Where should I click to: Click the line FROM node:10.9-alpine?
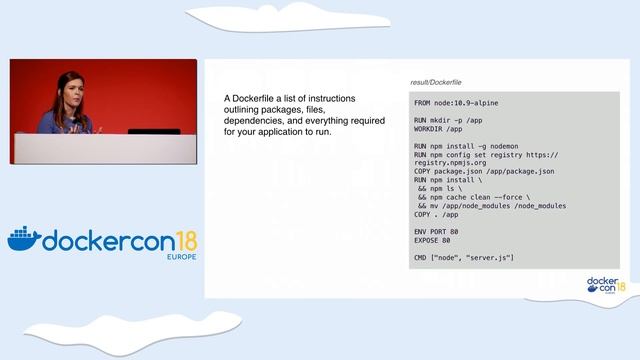(x=456, y=103)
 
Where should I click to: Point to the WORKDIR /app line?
(x=438, y=129)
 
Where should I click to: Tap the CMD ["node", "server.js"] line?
(x=464, y=258)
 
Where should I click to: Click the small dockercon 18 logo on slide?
(x=605, y=286)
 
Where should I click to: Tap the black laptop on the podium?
(x=154, y=131)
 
